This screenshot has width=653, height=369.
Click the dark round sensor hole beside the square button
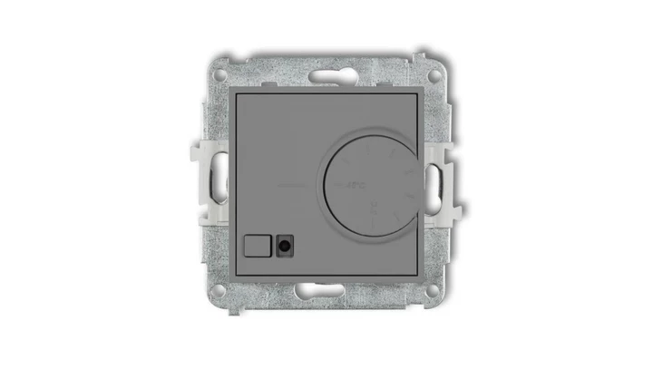[x=287, y=243]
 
